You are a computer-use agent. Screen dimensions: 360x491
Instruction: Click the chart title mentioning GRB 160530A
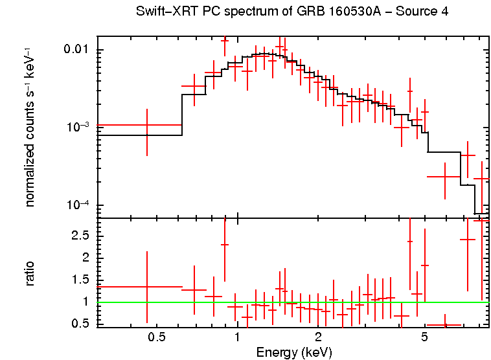(x=292, y=12)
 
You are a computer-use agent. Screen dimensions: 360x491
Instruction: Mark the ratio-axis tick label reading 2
(x=87, y=258)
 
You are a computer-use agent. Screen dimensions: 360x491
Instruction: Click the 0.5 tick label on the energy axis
(x=156, y=338)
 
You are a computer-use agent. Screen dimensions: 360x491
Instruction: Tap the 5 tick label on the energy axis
(x=424, y=338)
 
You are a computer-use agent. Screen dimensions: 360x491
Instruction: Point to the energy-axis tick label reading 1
(x=237, y=338)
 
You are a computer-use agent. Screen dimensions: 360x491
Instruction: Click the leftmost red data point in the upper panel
(x=147, y=125)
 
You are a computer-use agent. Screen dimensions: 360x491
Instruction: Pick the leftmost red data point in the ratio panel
(x=147, y=287)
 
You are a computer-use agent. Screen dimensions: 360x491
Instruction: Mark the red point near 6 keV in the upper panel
(x=444, y=177)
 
